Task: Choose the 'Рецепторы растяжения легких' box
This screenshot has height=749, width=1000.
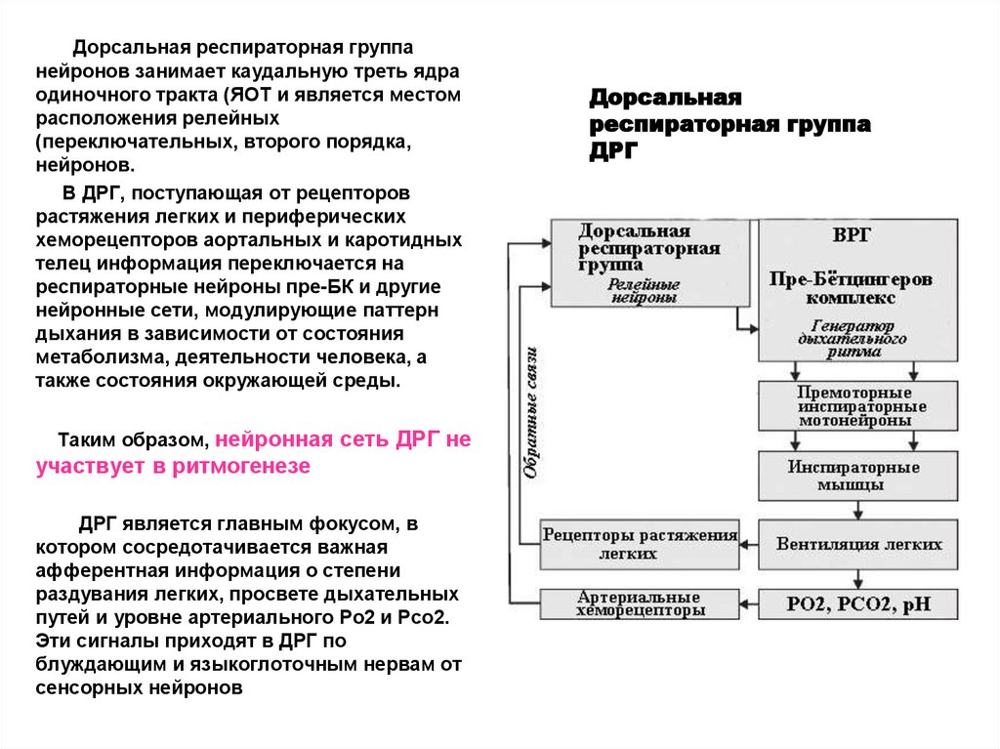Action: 640,544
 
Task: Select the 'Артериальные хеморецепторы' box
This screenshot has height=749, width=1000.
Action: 640,604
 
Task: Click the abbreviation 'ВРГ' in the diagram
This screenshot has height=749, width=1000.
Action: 853,235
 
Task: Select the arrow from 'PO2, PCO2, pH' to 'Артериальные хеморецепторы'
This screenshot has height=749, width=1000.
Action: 749,603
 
